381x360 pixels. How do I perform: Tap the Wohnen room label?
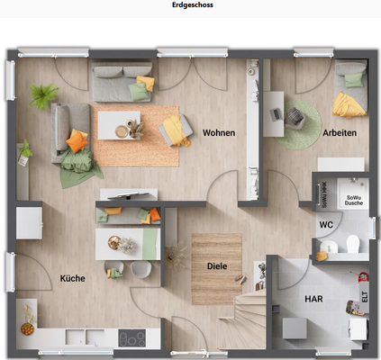pyautogui.click(x=218, y=133)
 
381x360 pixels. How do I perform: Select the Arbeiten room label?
pyautogui.click(x=340, y=133)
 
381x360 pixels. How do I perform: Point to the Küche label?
pyautogui.click(x=72, y=278)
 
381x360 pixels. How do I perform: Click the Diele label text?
pyautogui.click(x=216, y=266)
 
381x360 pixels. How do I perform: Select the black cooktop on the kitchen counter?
pyautogui.click(x=133, y=339)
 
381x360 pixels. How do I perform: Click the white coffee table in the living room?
pyautogui.click(x=117, y=124)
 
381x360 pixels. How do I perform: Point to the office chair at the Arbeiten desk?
pyautogui.click(x=296, y=115)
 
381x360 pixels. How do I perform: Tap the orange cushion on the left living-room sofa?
pyautogui.click(x=77, y=140)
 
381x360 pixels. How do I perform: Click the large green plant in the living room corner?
pyautogui.click(x=42, y=94)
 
